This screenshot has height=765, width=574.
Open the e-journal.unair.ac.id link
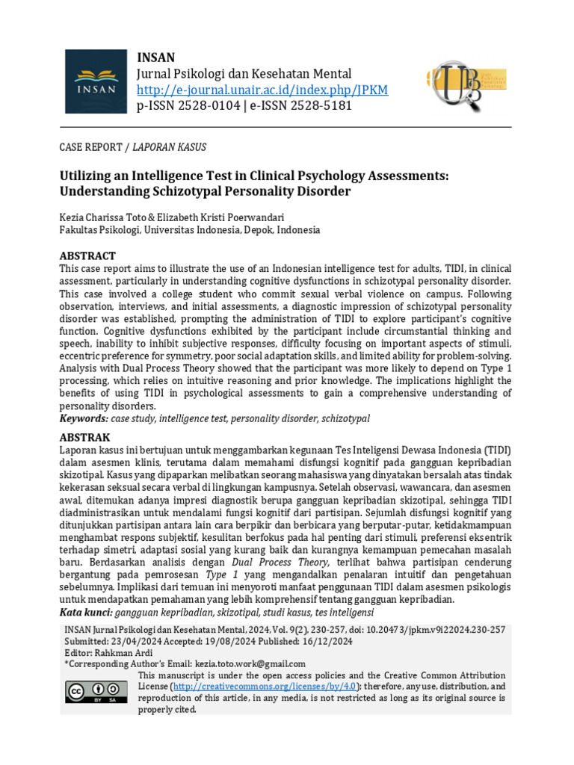(x=262, y=90)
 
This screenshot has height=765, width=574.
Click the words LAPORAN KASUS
(x=169, y=147)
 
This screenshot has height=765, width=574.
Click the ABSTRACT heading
(x=87, y=255)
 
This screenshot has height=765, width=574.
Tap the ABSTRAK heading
(x=84, y=437)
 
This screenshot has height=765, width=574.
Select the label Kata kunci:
(x=85, y=612)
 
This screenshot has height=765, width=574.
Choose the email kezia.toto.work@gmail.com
(x=250, y=663)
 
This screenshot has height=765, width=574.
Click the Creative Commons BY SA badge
(x=96, y=693)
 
